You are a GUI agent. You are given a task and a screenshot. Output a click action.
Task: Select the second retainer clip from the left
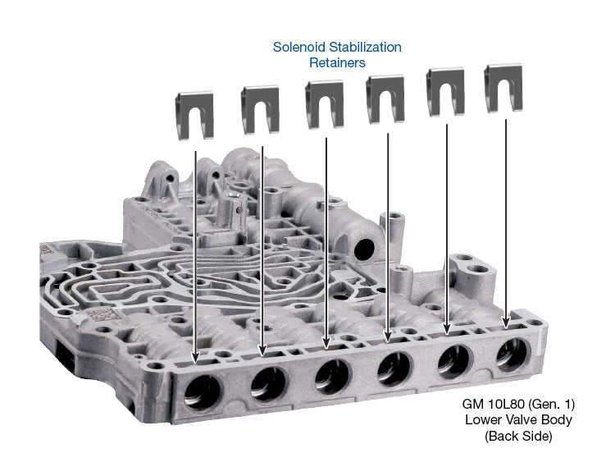pyautogui.click(x=260, y=110)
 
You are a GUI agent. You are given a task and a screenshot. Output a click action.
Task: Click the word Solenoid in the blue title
pyautogui.click(x=298, y=48)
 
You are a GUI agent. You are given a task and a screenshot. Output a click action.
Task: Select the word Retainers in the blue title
pyautogui.click(x=337, y=62)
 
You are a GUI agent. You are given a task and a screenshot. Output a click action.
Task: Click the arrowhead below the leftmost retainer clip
pyautogui.click(x=195, y=359)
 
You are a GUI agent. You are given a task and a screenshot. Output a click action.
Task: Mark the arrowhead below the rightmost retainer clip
pyautogui.click(x=506, y=323)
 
